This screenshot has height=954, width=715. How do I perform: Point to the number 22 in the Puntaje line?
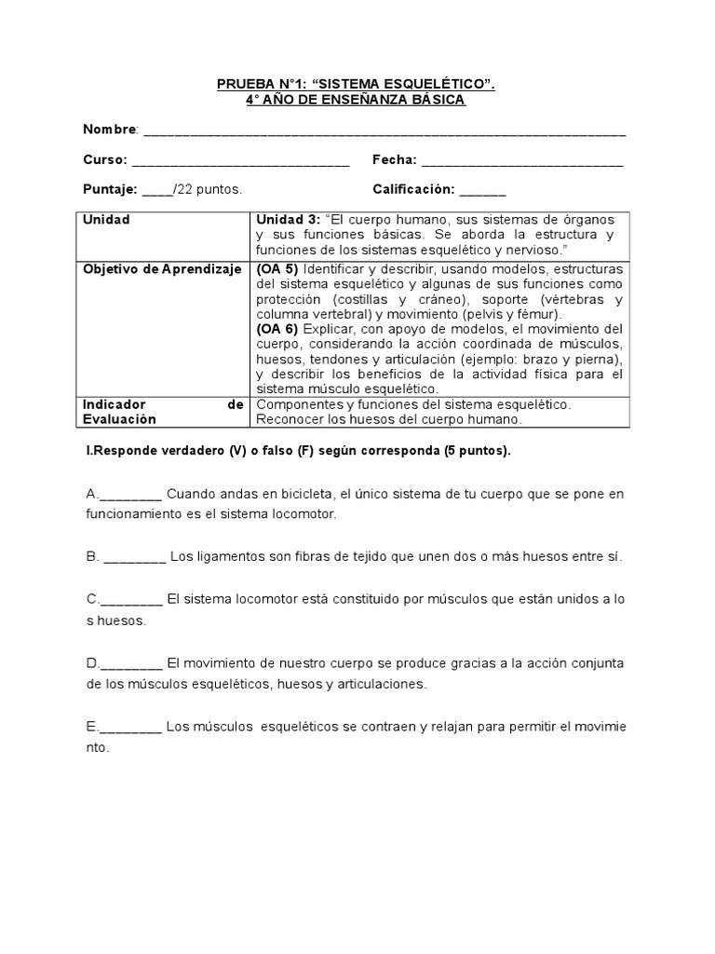[184, 189]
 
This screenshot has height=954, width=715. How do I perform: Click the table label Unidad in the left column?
[106, 220]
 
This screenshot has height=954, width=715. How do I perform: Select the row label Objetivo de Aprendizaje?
[163, 268]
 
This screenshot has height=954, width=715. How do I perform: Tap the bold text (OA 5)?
[277, 268]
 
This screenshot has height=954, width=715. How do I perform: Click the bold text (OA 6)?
[277, 329]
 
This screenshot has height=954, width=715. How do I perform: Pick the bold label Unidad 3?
[289, 220]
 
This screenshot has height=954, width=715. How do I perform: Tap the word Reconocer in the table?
[287, 419]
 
